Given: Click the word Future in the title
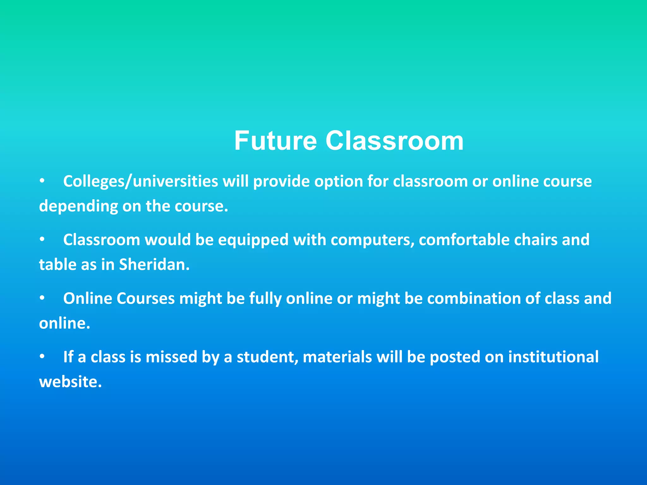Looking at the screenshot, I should pyautogui.click(x=275, y=141).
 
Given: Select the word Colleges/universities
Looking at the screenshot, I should pyautogui.click(x=141, y=182).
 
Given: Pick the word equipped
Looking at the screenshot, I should pyautogui.click(x=253, y=240).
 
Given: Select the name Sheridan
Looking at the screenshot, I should pyautogui.click(x=154, y=265).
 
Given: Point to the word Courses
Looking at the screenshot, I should pyautogui.click(x=145, y=298).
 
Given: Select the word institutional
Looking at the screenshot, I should pyautogui.click(x=553, y=357).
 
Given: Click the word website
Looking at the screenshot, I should pyautogui.click(x=70, y=382).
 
